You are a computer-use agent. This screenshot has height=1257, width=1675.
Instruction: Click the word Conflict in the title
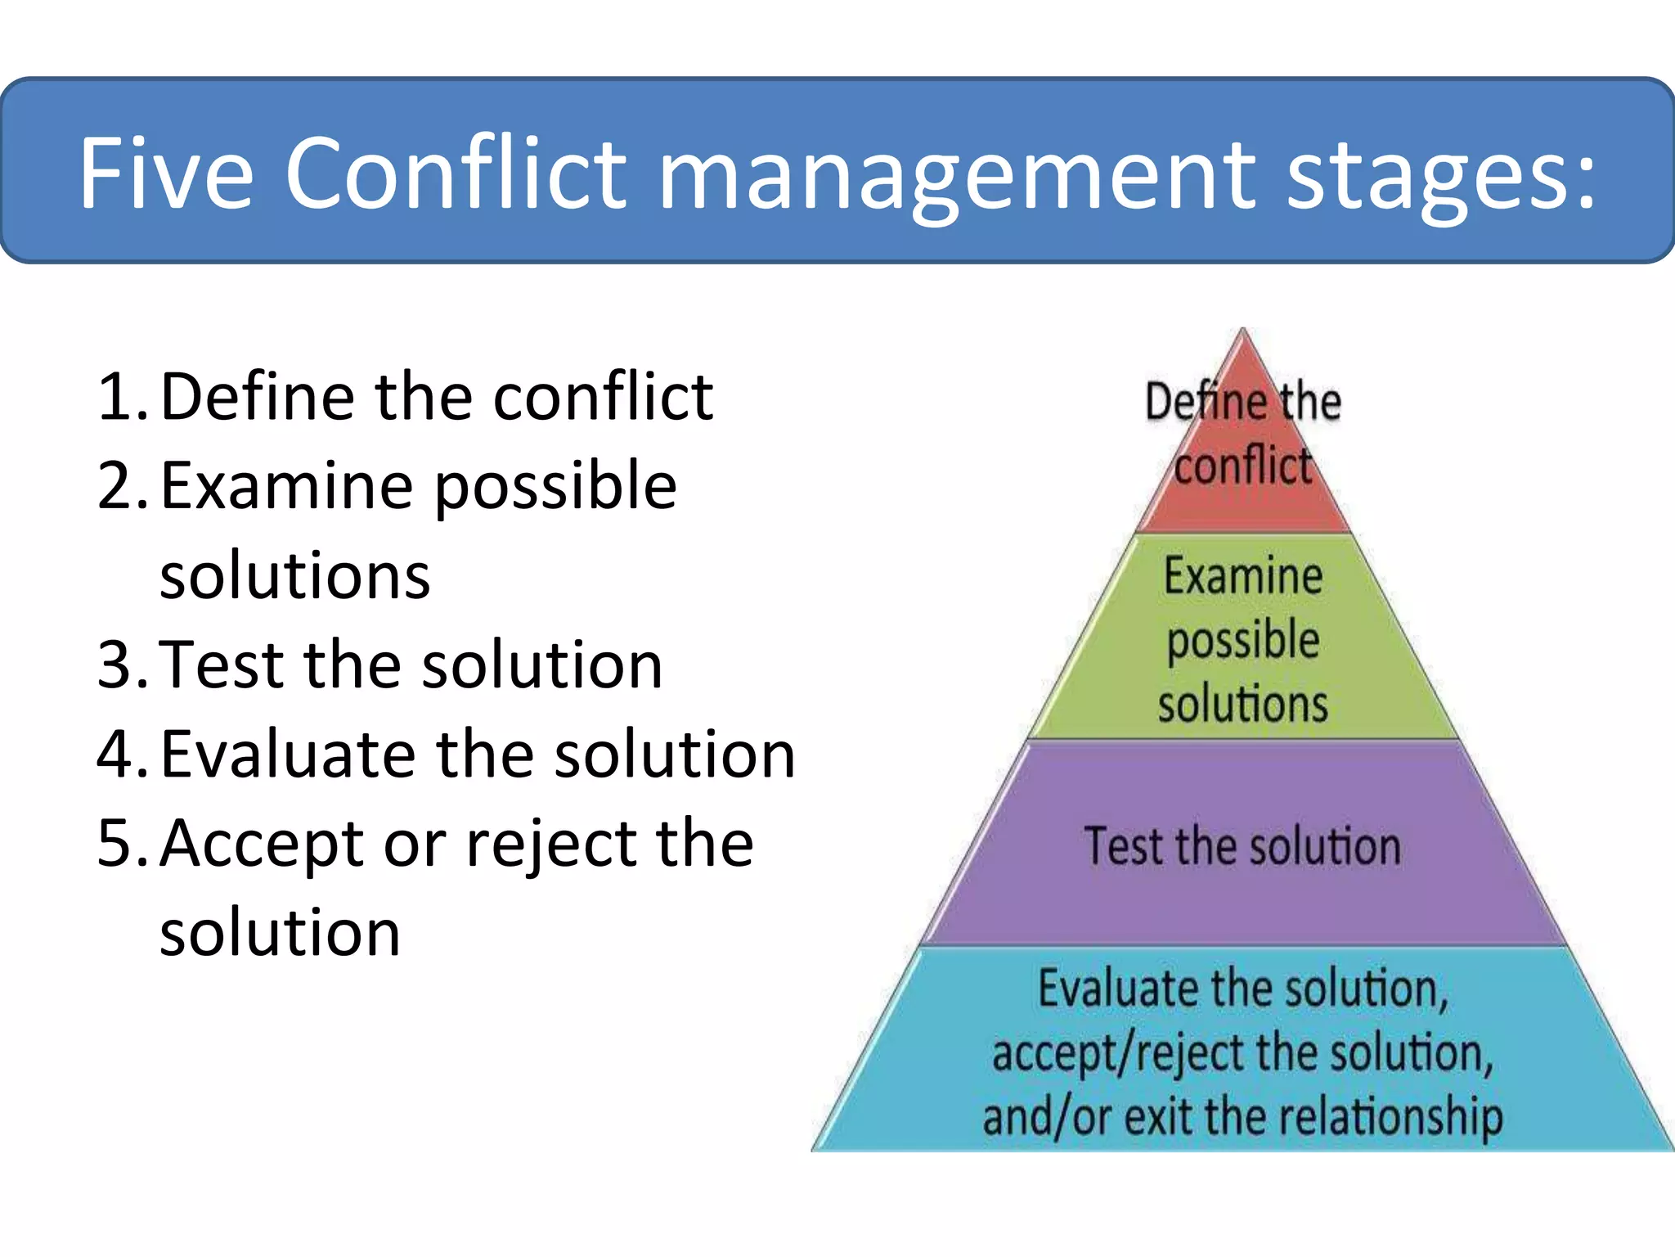click(455, 173)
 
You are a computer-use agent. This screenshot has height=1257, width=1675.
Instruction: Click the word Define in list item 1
click(258, 397)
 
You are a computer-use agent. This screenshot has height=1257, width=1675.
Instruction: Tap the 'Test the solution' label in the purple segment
click(1242, 846)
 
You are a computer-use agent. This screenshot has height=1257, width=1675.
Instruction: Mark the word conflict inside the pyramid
click(1242, 466)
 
